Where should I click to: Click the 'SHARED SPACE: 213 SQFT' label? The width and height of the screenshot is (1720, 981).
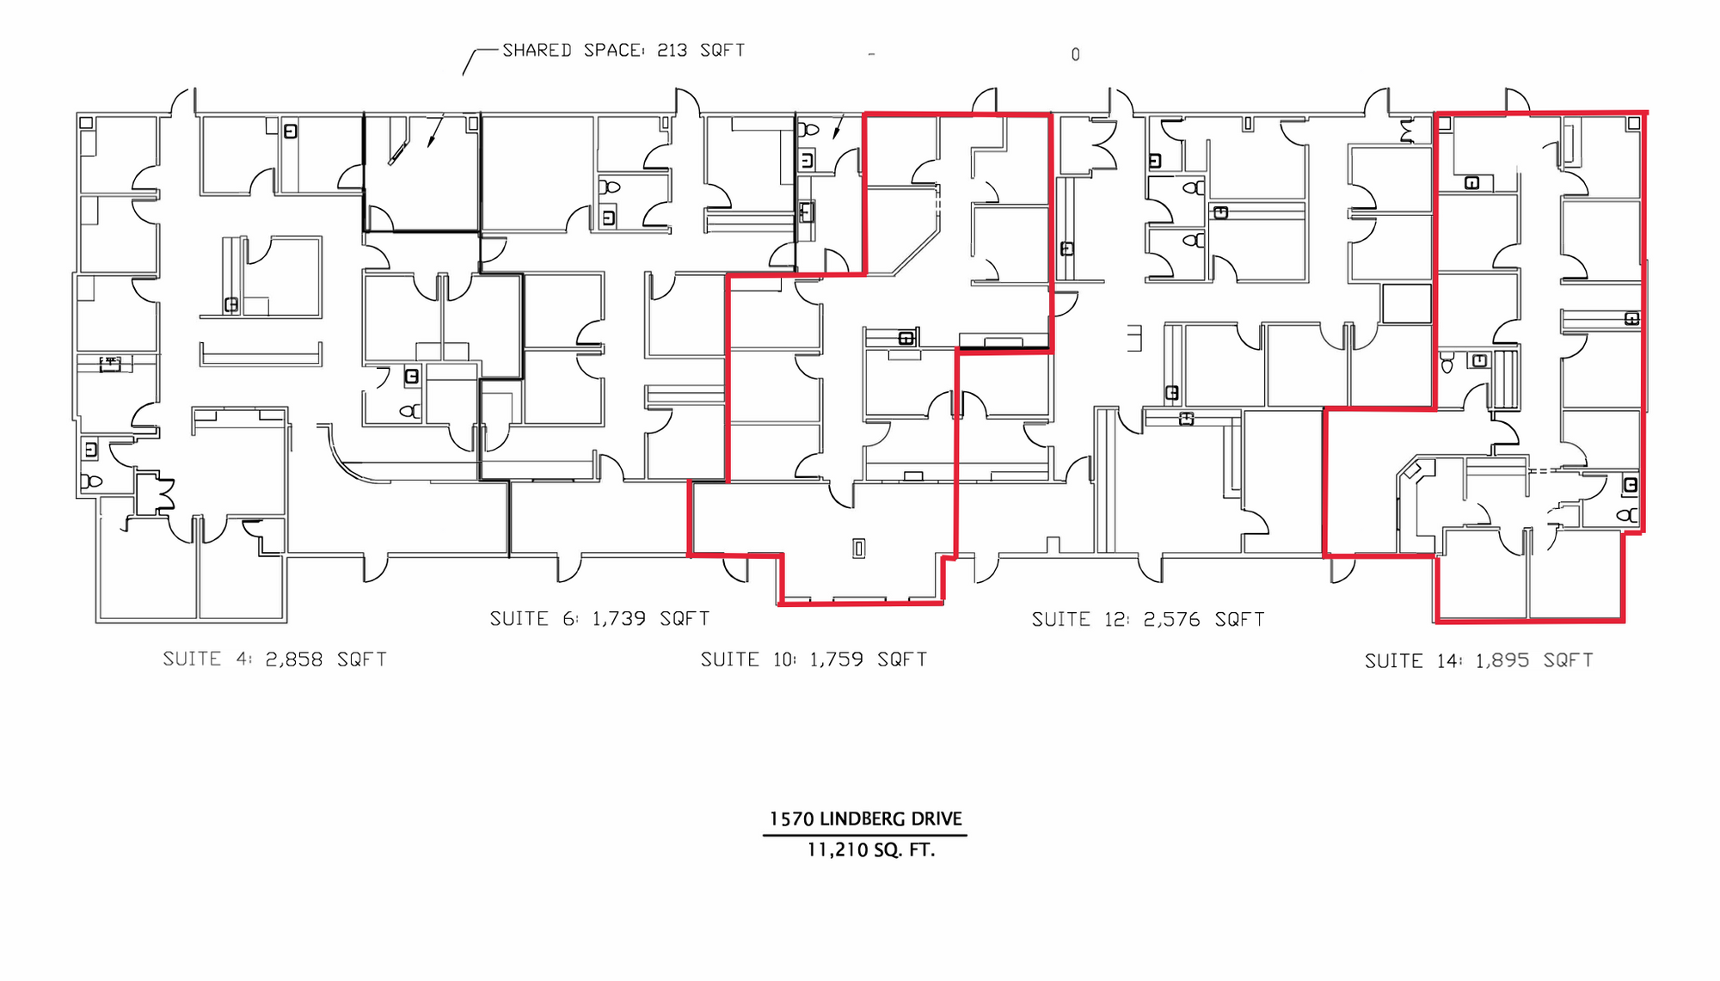pos(623,51)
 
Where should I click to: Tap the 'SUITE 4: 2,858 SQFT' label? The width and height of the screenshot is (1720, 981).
pos(275,659)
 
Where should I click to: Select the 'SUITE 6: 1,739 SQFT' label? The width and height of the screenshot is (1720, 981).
pos(599,619)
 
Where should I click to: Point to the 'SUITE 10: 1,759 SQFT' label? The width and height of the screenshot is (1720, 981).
pos(814,659)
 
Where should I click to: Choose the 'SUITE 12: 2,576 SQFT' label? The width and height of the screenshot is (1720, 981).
pos(1148,620)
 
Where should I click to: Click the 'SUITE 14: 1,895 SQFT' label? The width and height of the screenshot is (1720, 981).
pos(1479,661)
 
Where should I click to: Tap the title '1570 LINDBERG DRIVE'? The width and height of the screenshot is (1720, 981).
pos(865,819)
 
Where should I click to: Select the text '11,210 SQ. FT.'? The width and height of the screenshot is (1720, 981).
pos(870,850)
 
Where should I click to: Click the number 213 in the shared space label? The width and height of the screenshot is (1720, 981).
pos(673,51)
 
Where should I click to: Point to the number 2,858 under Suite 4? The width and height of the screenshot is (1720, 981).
pos(294,659)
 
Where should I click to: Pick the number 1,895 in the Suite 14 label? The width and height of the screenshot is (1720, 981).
pos(1502,661)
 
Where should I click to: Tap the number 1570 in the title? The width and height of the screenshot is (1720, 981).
pos(791,819)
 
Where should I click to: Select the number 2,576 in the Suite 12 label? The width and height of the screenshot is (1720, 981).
pos(1171,620)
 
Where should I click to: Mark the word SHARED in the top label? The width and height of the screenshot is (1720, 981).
pos(537,51)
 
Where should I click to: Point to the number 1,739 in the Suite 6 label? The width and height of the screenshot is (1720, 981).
pos(619,619)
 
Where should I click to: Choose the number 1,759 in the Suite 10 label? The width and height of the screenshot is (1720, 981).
pos(837,659)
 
